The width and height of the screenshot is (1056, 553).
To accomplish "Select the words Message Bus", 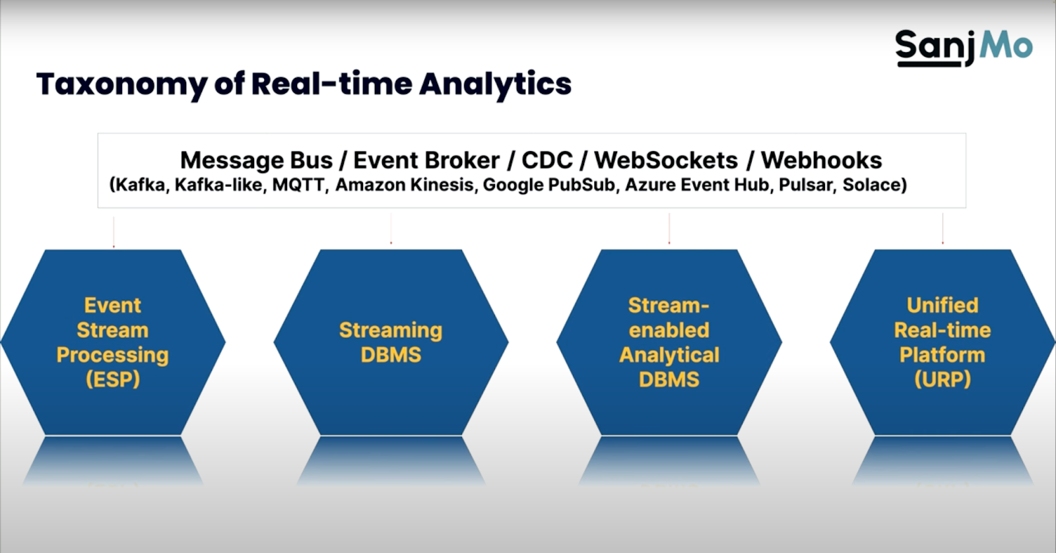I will point(256,160).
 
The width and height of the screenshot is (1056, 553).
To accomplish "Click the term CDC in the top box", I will point(546,160).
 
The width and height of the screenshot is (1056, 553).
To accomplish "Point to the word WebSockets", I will point(665,160).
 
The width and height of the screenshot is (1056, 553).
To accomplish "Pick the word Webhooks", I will point(821,160).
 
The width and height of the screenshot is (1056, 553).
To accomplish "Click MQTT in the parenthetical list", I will point(299,185).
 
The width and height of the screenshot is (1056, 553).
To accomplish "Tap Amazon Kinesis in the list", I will point(405,185).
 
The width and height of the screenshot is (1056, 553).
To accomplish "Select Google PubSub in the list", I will point(549,185).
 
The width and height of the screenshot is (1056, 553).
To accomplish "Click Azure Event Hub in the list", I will point(697,185).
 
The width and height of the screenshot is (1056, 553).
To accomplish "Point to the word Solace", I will point(873,185).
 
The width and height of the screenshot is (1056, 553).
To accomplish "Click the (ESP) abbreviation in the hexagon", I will point(113,379).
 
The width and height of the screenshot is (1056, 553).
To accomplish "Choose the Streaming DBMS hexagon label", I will point(391,342).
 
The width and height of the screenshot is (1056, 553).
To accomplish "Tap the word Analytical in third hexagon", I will point(669,355).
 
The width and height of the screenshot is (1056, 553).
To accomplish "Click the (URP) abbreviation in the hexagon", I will point(942,379).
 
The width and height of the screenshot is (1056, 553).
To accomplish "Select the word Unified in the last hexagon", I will point(942,305).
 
